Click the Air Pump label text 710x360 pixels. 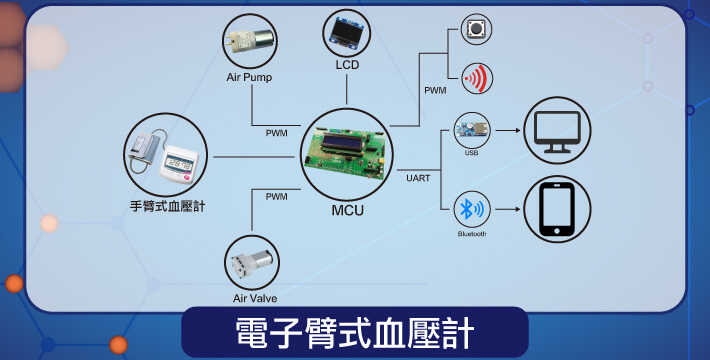click(x=249, y=77)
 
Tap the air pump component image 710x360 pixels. click(x=249, y=41)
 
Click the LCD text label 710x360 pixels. click(x=347, y=65)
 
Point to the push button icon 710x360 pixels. click(x=476, y=29)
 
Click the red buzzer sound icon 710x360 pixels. click(x=477, y=78)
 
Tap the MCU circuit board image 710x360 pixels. click(x=346, y=154)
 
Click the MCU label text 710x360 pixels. click(x=347, y=211)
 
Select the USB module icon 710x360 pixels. click(x=472, y=130)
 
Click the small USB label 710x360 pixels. click(x=471, y=153)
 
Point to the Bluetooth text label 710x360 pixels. click(x=472, y=234)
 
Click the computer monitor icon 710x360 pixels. click(x=557, y=130)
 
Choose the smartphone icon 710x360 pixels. click(x=557, y=209)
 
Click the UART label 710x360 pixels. click(x=418, y=178)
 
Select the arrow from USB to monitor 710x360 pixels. click(x=508, y=130)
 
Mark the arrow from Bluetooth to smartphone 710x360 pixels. click(x=508, y=209)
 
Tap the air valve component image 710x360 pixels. click(x=252, y=263)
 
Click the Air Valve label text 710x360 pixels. click(x=255, y=298)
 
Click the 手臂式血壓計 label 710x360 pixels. click(x=168, y=206)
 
